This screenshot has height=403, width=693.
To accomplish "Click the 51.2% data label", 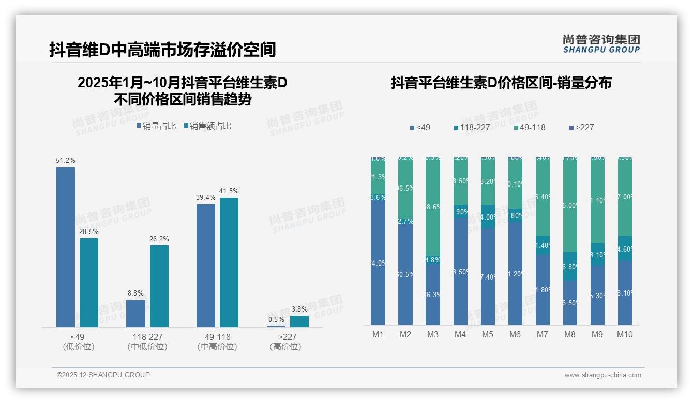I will coord(66,161).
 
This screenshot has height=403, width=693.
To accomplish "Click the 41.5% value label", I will coord(229,191).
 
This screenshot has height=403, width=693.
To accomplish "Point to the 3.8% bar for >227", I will coord(299,321).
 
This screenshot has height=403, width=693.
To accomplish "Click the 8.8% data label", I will coord(136,293).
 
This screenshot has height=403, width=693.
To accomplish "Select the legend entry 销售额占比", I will coord(208,126).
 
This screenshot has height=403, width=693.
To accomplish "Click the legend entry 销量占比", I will coord(156,126).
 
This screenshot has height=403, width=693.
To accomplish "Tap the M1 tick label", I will coord(378,335).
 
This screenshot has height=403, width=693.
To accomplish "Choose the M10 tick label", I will coord(625,335).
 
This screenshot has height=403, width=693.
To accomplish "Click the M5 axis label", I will coord(488,335).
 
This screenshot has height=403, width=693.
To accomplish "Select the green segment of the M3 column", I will coord(433,207).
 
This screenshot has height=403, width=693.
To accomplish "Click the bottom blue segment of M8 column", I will coord(570,303).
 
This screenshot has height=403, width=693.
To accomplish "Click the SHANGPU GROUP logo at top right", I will coord(601,44).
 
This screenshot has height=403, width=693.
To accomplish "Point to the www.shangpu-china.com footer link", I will coord(602,375).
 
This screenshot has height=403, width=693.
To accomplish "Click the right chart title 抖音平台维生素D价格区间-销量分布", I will coord(501,83).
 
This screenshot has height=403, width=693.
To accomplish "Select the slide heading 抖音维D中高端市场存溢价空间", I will coord(162,50).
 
